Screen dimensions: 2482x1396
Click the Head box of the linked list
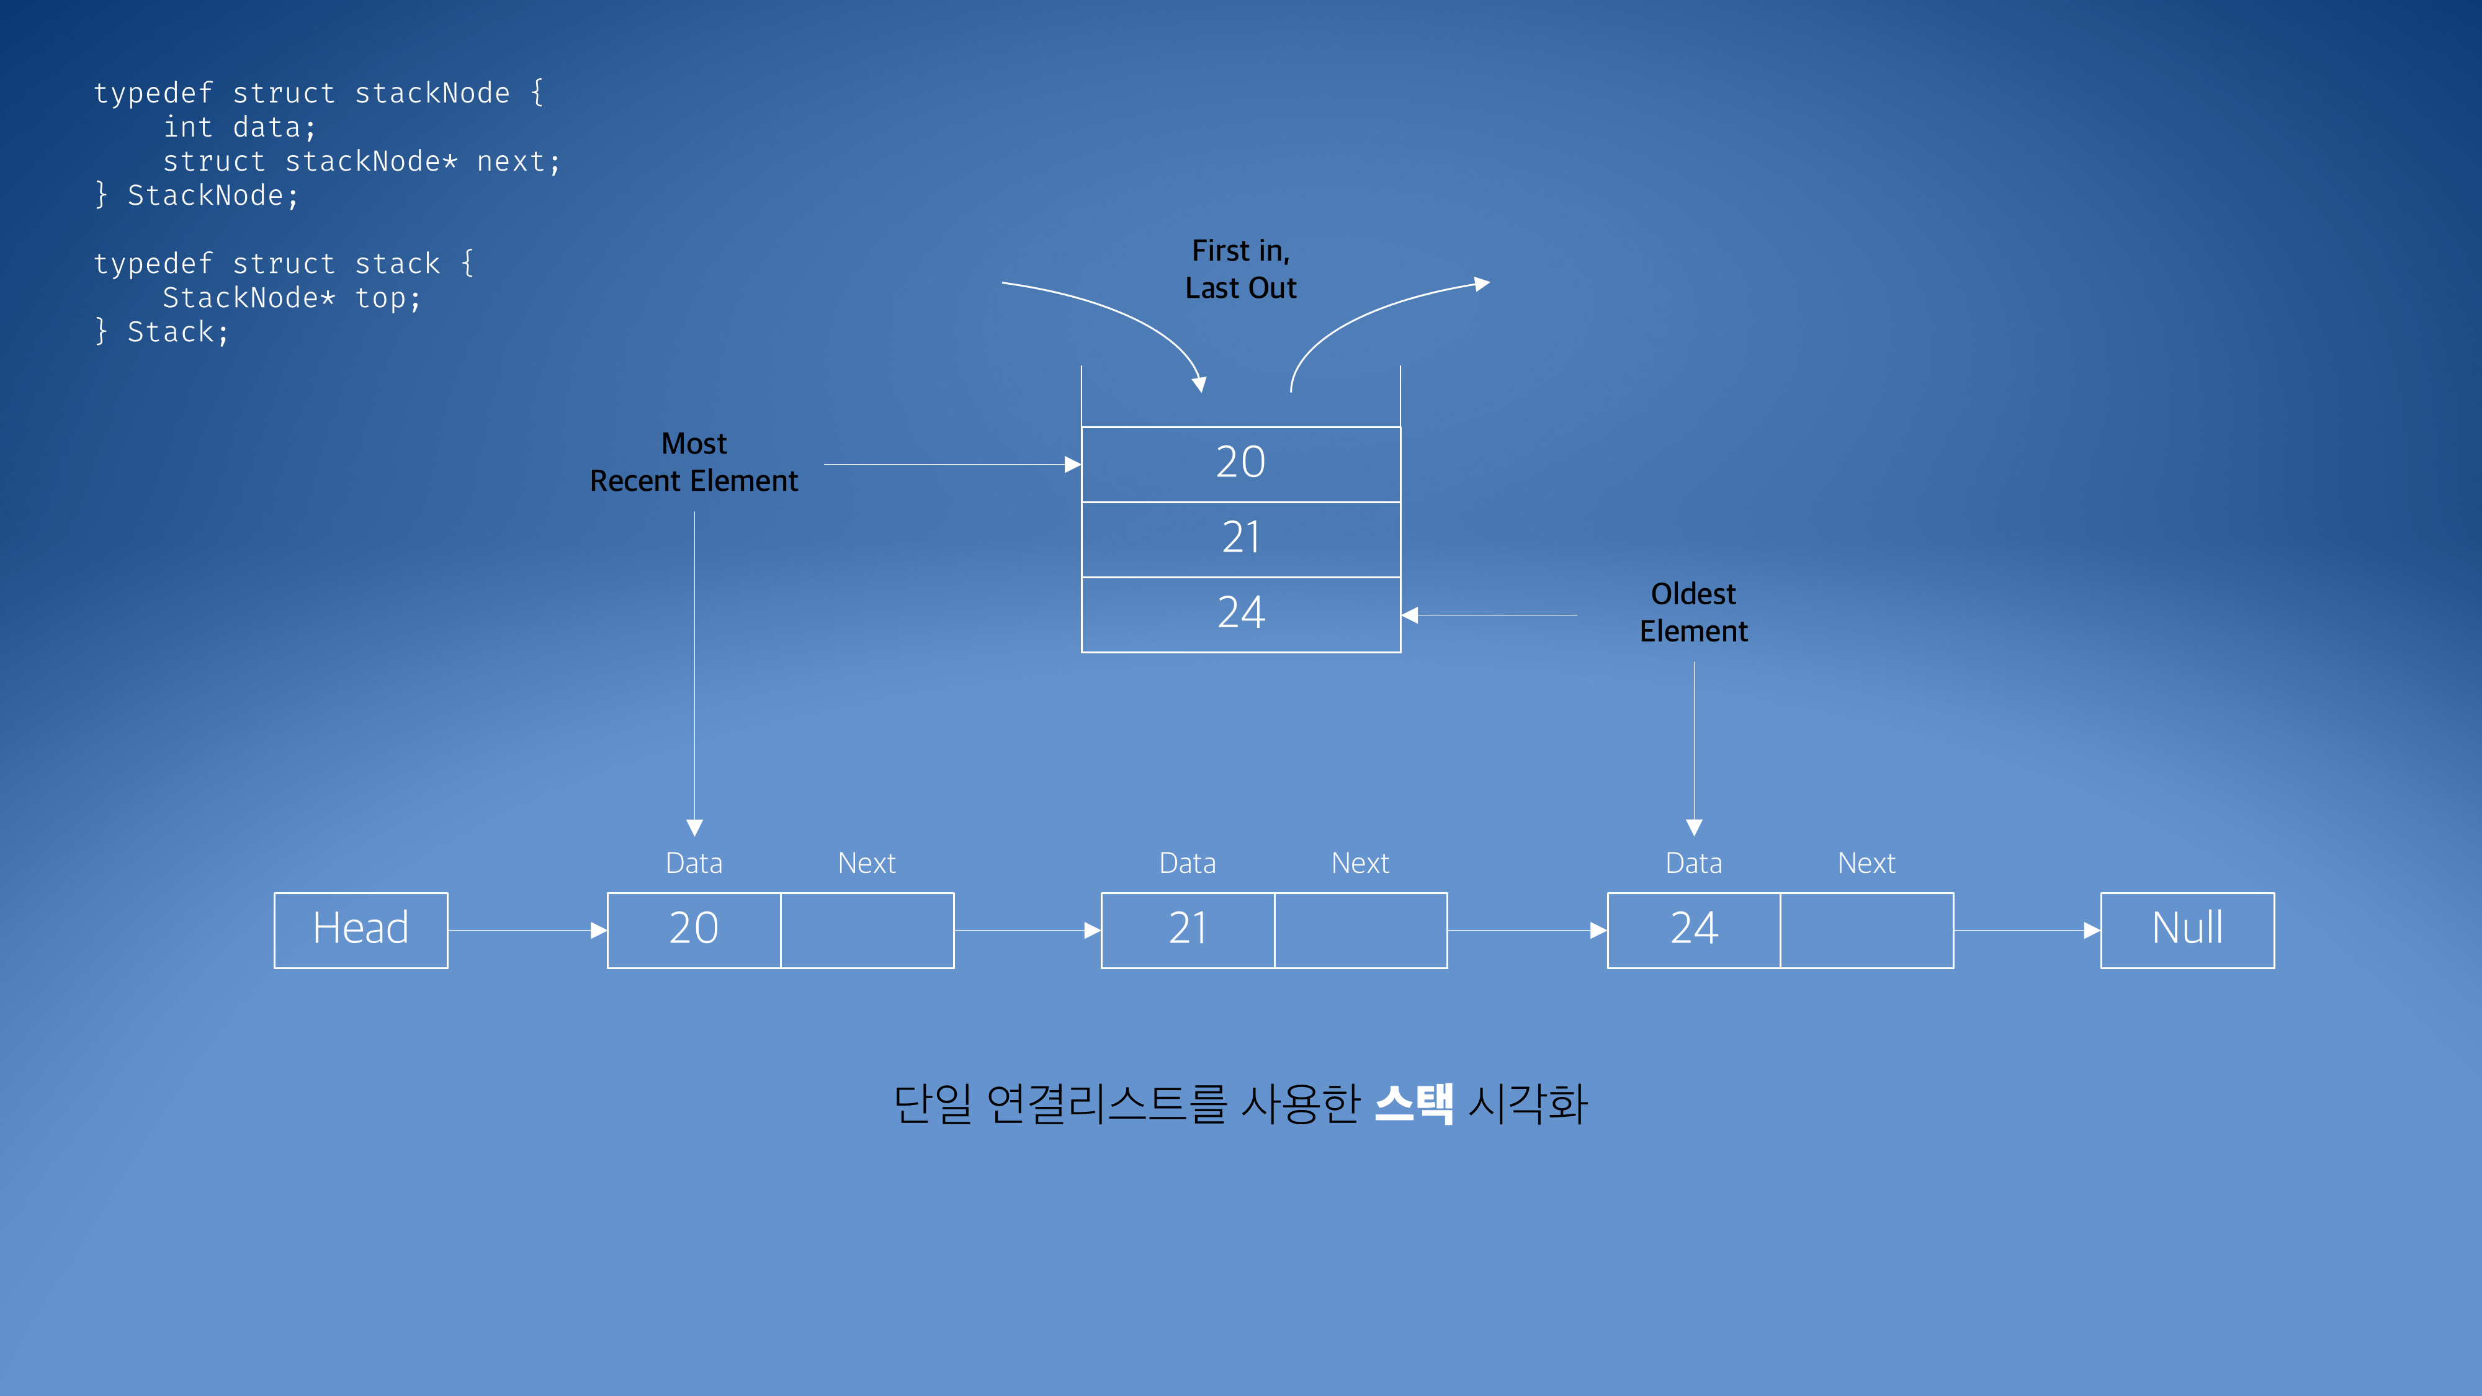point(361,929)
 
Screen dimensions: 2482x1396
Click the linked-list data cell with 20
point(694,929)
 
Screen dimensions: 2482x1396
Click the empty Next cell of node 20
point(867,929)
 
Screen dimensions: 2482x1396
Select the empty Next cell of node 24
point(1866,929)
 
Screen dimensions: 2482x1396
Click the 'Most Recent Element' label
point(694,462)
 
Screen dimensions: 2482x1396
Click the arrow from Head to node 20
point(527,929)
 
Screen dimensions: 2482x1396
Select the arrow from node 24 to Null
point(2027,929)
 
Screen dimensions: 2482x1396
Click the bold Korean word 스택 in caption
point(1413,1103)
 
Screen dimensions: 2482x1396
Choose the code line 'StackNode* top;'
point(291,298)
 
